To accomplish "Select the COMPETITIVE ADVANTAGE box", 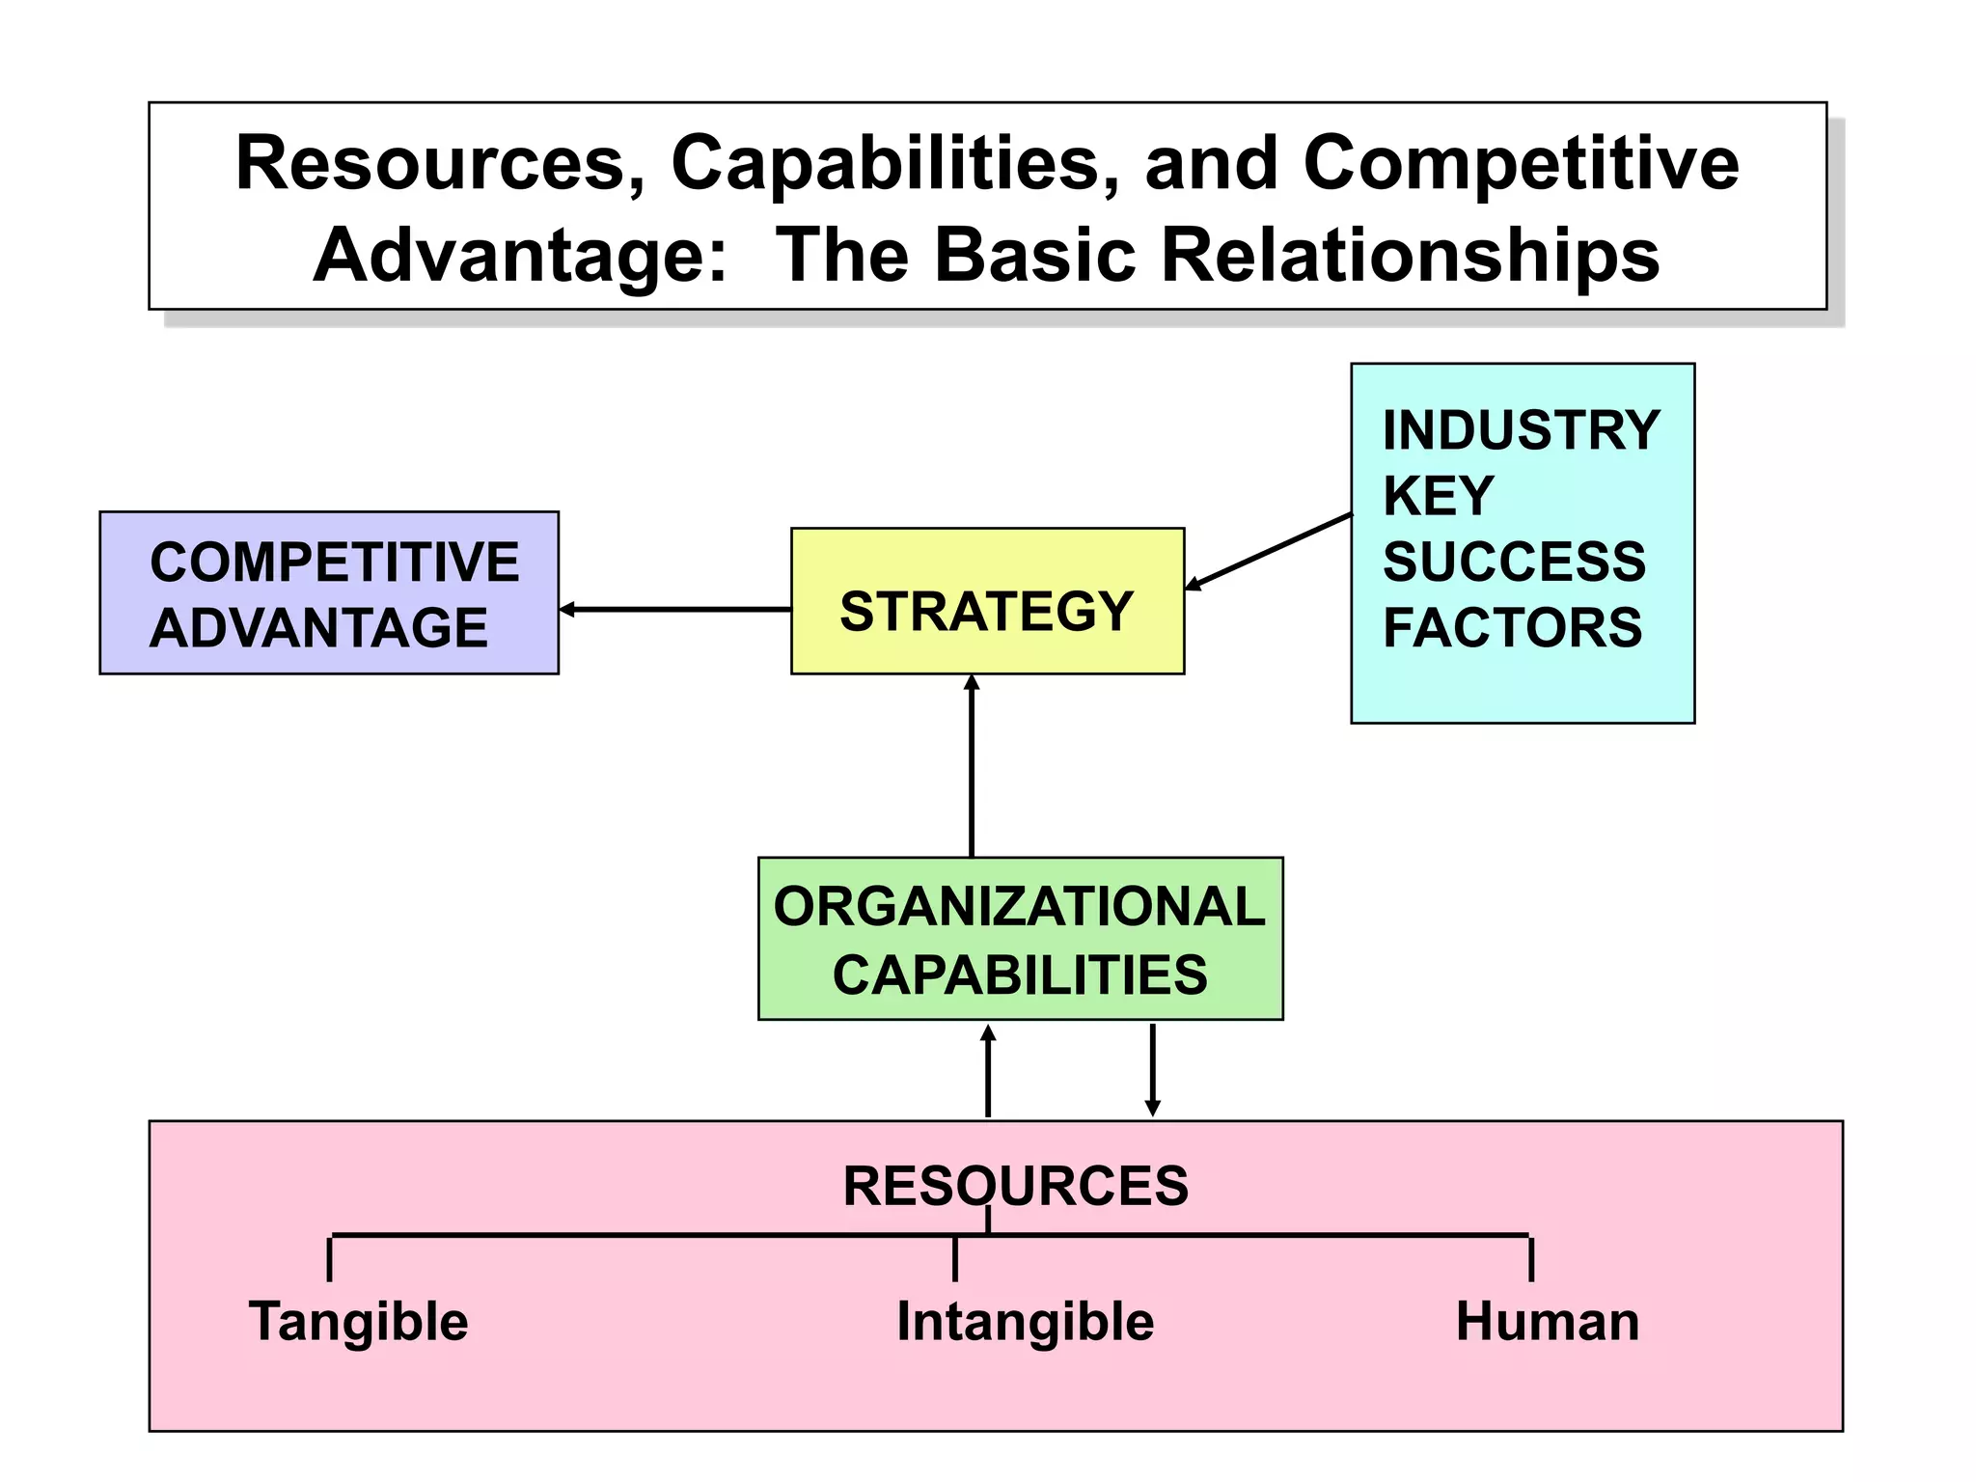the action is (x=329, y=592).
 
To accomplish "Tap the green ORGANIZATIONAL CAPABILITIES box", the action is (x=1020, y=939).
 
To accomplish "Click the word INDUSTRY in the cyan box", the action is (x=1521, y=430).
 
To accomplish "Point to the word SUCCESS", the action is (x=1514, y=562).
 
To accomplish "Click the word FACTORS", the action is (x=1512, y=627).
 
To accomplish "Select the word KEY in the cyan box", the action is (x=1438, y=496).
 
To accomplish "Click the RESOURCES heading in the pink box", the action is (x=1015, y=1186).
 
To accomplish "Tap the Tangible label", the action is (x=358, y=1321).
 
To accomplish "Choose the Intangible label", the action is (x=1025, y=1321).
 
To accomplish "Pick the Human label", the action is (x=1547, y=1321).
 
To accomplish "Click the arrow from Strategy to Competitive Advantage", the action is (x=674, y=610).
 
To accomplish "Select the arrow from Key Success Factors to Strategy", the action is (x=1268, y=551).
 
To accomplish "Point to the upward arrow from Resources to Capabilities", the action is (x=987, y=1071).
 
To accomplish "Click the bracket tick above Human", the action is (x=1531, y=1258).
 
